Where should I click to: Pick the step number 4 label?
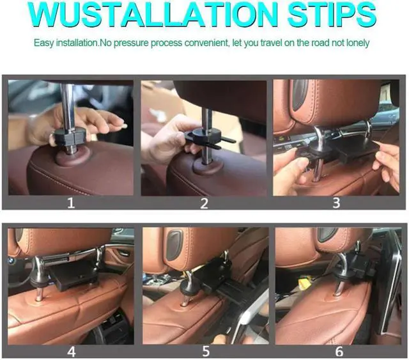click(71, 350)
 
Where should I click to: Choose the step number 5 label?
click(204, 350)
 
